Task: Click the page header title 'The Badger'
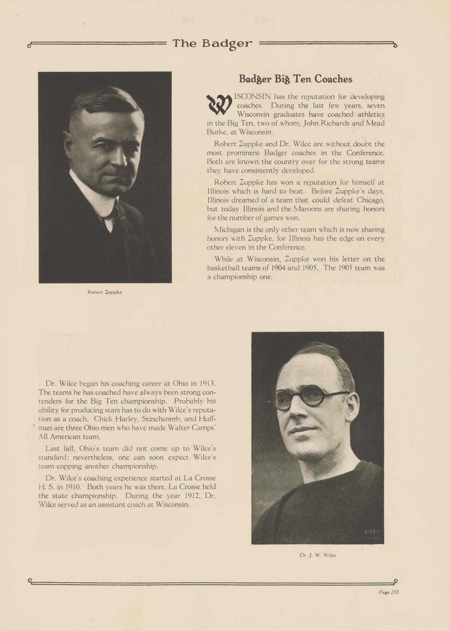(212, 44)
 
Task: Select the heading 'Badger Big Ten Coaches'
(295, 79)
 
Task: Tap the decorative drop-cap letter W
(219, 105)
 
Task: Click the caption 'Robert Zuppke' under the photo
(105, 292)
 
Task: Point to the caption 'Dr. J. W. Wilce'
(318, 555)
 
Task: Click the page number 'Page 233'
(388, 592)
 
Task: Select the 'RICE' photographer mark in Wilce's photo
(373, 532)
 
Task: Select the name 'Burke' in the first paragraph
(217, 132)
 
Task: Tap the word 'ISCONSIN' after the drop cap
(252, 96)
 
